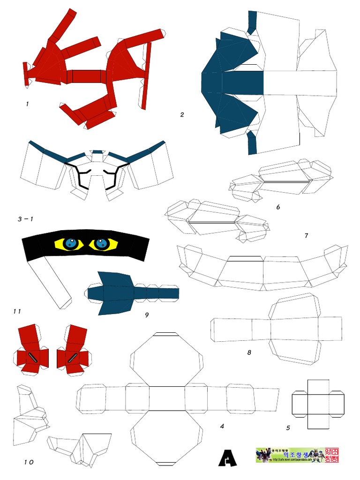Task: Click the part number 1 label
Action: click(x=28, y=104)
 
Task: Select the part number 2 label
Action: click(x=182, y=114)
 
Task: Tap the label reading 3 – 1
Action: click(x=26, y=219)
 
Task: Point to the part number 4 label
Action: click(x=222, y=427)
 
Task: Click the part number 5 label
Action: click(x=288, y=427)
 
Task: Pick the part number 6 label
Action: click(x=278, y=207)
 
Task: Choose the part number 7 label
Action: click(x=306, y=235)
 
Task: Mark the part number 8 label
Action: click(x=249, y=352)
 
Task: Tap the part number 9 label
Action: click(x=147, y=315)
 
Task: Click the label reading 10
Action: click(x=29, y=462)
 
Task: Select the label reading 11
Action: click(x=17, y=311)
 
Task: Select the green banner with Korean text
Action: click(x=290, y=455)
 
